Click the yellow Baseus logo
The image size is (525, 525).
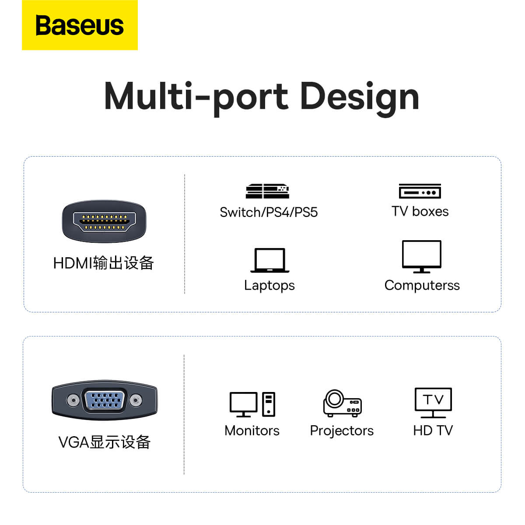coord(80,25)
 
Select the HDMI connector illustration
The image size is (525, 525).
coord(104,221)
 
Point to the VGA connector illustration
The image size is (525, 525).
coord(105,400)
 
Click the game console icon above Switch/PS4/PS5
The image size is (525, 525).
coord(267,191)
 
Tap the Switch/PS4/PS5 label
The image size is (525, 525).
coord(269,212)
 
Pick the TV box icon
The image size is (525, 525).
coord(420,191)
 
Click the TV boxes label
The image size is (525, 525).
coord(420,211)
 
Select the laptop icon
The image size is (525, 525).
coord(270,260)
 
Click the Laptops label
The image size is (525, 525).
coord(269,286)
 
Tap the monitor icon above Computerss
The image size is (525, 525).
coord(421,257)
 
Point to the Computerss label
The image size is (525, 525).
coord(422,286)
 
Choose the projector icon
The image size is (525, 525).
coord(343,403)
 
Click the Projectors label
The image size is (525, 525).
coord(342,431)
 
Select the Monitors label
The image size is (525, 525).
coord(252,431)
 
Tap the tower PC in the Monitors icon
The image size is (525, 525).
coord(269,404)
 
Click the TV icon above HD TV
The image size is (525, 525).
coord(433,403)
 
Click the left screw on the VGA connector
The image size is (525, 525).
coord(73,400)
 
